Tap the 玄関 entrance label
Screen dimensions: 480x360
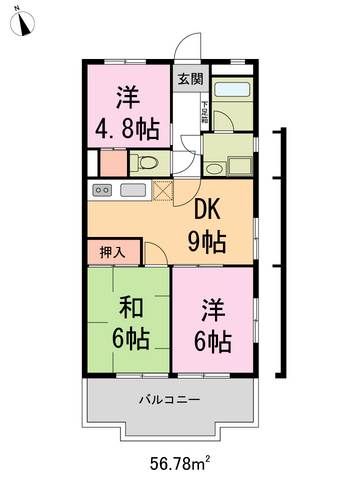(x=189, y=79)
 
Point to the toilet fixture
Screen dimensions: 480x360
(x=145, y=162)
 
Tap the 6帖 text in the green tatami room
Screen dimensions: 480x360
(x=130, y=339)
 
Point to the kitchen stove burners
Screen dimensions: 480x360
(x=102, y=190)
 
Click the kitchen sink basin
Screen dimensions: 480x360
(x=133, y=190)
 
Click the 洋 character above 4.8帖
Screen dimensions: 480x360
(x=126, y=98)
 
